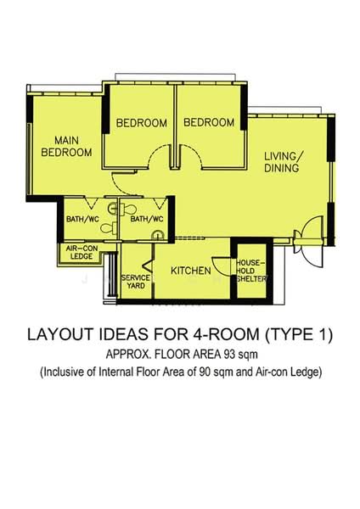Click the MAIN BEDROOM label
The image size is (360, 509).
67,146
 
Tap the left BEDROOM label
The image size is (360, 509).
141,123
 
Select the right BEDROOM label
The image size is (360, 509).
209,123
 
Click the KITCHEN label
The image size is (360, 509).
191,271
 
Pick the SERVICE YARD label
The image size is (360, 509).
135,282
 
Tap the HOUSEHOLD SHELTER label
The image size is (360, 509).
252,271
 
